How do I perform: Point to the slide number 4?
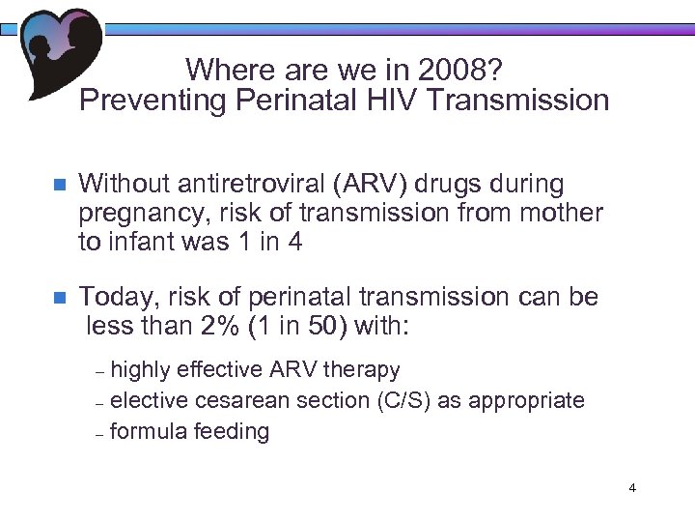pyautogui.click(x=632, y=487)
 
